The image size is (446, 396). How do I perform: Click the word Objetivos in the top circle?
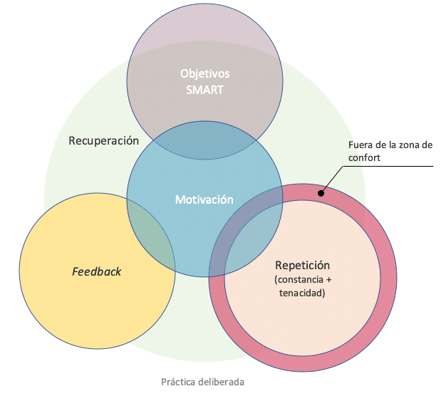point(204,74)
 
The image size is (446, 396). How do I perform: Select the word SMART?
point(204,90)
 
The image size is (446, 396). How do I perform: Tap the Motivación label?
point(204,199)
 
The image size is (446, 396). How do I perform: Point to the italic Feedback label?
point(97,271)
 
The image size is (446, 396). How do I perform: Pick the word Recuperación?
point(103,140)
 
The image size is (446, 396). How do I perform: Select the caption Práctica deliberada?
point(202,382)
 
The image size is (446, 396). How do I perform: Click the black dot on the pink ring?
point(322,192)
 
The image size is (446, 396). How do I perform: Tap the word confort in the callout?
point(365,158)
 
